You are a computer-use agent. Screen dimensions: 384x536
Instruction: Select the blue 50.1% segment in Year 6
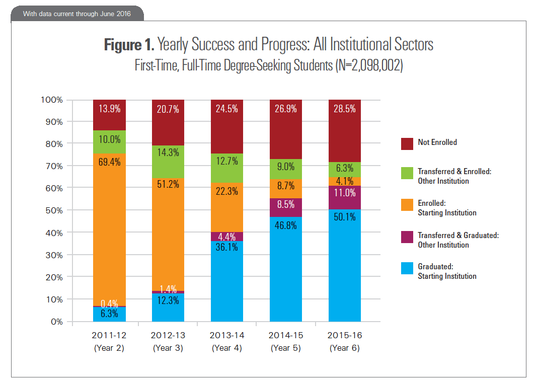coord(344,266)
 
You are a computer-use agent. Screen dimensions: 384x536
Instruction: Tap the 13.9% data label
coord(109,109)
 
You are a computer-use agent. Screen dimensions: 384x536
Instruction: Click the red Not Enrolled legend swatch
coord(407,143)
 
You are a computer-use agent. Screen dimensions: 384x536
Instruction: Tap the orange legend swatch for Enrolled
coord(407,206)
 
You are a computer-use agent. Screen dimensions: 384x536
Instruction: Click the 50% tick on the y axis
coord(55,210)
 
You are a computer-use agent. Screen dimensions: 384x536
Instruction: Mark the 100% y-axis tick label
coord(52,100)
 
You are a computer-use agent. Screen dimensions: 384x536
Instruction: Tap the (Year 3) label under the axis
coord(168,348)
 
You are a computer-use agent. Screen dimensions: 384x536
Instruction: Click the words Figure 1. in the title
coord(129,45)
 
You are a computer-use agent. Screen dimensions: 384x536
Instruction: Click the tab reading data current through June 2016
coord(77,14)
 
